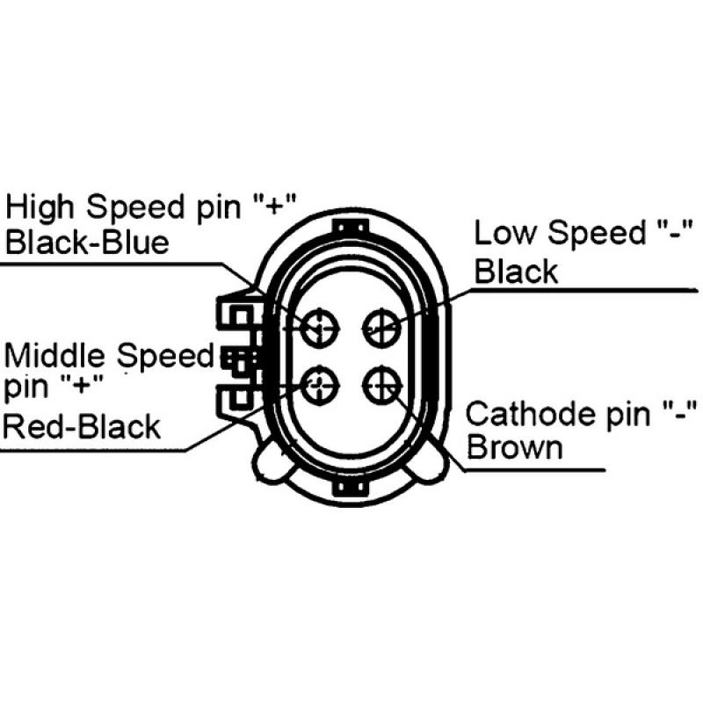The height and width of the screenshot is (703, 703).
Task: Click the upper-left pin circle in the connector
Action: pos(320,328)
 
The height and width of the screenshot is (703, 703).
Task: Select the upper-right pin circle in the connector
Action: pos(381,328)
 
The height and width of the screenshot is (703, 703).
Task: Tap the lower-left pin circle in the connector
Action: pos(320,385)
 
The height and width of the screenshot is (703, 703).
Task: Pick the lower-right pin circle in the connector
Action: pos(381,385)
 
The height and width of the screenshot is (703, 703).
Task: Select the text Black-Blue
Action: pos(87,243)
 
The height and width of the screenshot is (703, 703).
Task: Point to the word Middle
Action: pos(54,355)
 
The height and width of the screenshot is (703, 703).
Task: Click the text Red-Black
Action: pos(82,426)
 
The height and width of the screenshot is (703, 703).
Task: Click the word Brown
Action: pos(515,447)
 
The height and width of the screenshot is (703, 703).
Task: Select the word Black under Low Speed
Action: pos(516,272)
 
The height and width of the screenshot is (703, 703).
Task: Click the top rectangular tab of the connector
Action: pos(351,227)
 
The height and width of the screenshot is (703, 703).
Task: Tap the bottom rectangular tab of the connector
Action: pos(351,488)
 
